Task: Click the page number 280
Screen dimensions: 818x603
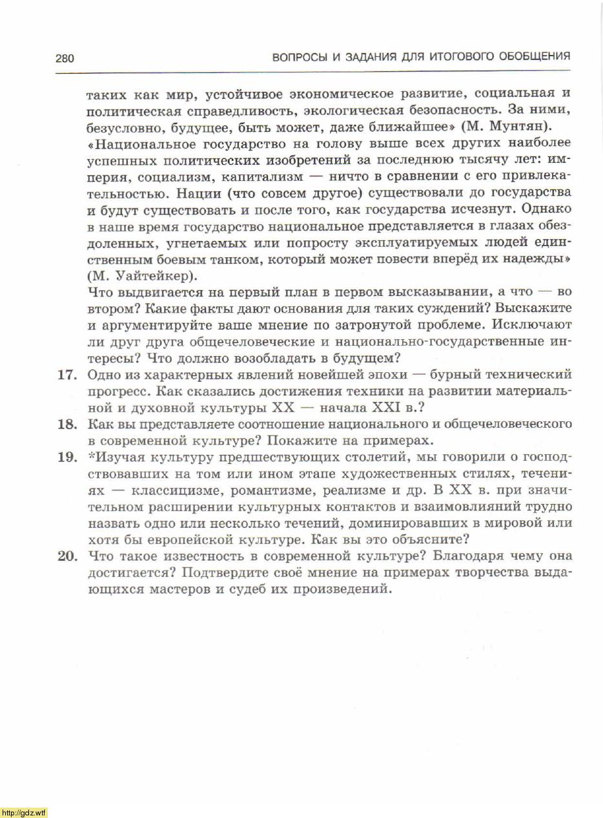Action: coord(65,58)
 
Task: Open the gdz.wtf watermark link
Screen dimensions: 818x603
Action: coord(24,812)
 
